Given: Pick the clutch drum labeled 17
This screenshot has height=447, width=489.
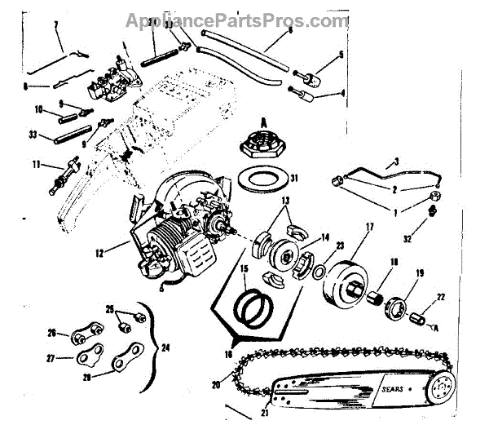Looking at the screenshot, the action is coord(349,279).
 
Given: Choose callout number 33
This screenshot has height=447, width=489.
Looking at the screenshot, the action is coord(33,136).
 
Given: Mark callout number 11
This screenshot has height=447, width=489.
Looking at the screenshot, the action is coord(35,164).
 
